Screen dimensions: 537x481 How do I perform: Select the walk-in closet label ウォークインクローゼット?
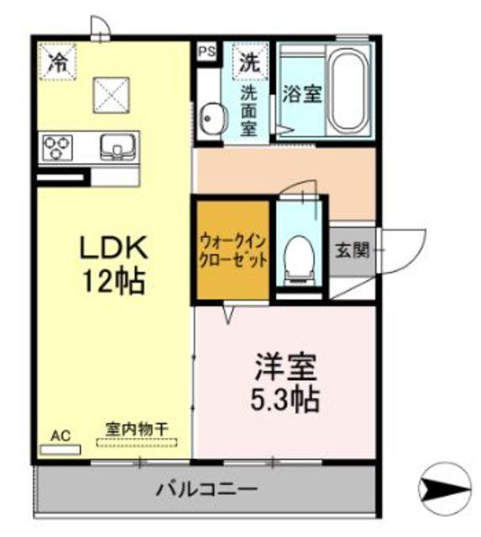pyautogui.click(x=233, y=249)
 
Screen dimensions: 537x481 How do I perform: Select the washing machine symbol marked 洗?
pyautogui.click(x=250, y=60)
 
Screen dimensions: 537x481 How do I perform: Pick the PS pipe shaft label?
pyautogui.click(x=207, y=51)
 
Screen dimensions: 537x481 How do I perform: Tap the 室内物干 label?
pyautogui.click(x=136, y=428)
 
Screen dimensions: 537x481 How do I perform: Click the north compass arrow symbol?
pyautogui.click(x=444, y=487)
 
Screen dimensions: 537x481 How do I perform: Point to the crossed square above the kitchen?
pyautogui.click(x=111, y=94)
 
